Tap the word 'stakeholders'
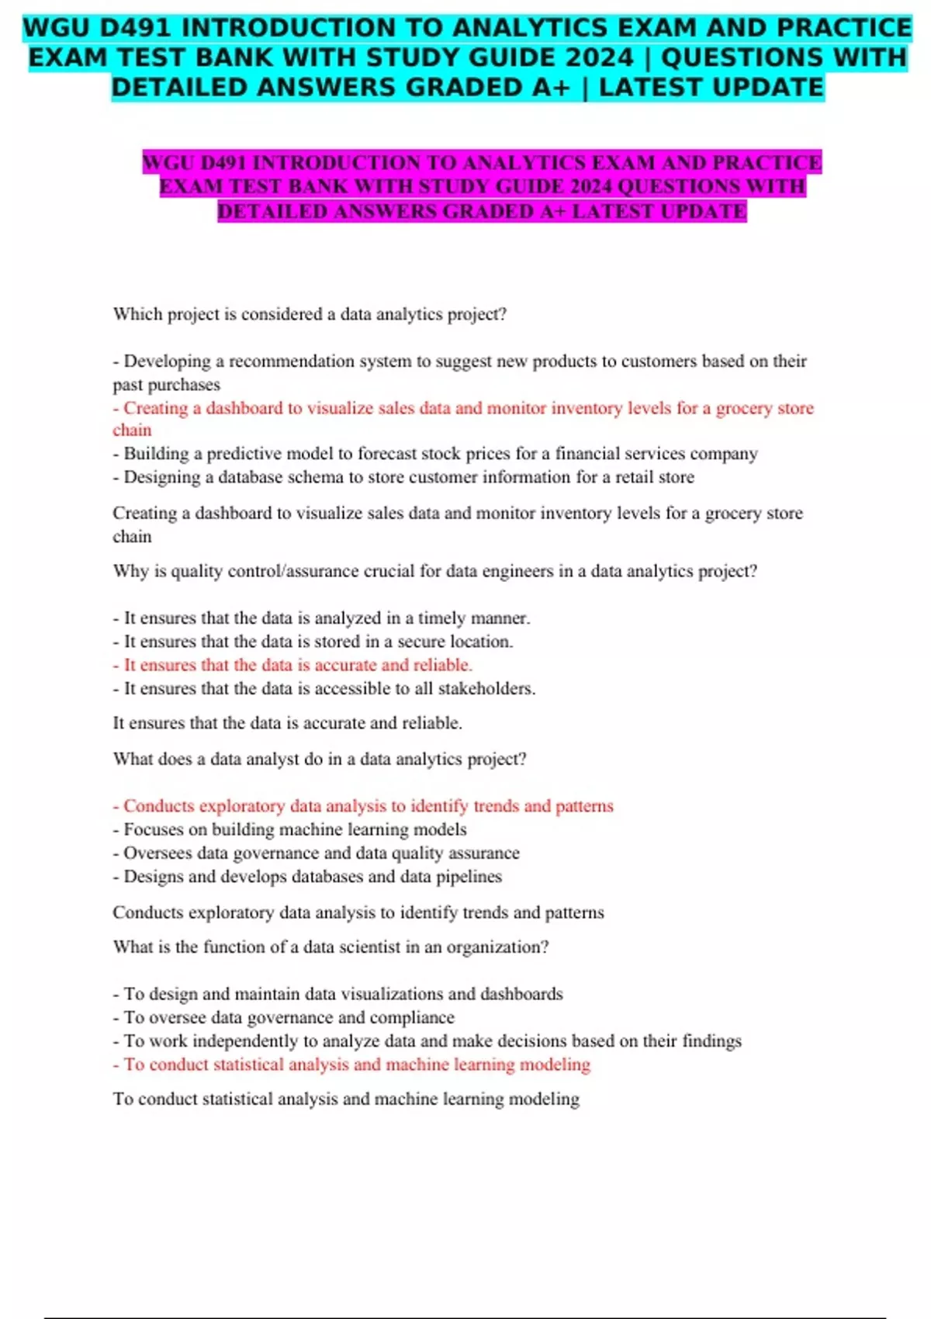click(486, 689)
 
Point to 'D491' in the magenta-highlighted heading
click(223, 163)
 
